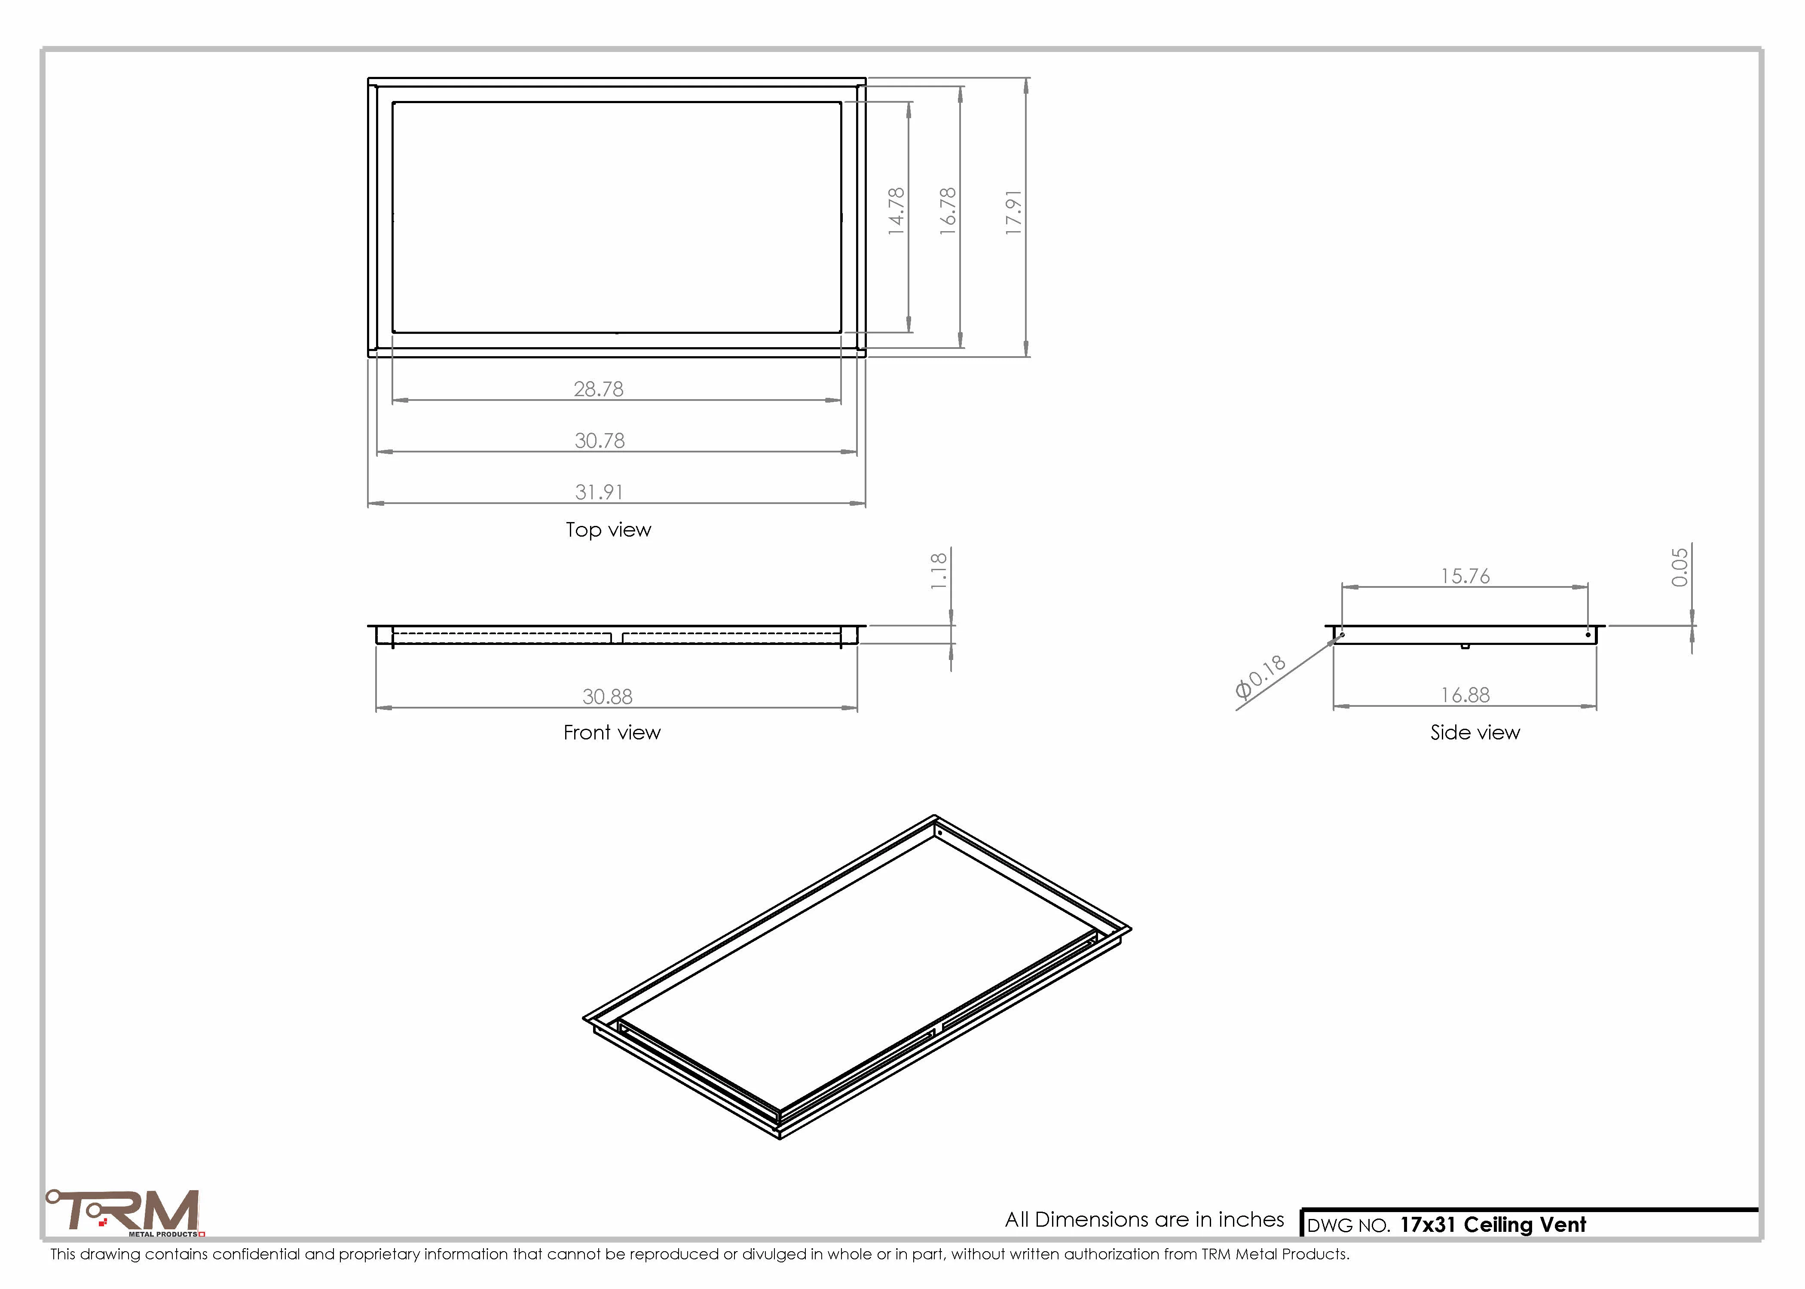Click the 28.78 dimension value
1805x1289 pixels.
(599, 389)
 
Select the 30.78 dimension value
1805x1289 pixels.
(599, 440)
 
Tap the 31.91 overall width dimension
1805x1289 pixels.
(599, 492)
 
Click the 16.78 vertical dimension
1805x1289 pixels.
(948, 211)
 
